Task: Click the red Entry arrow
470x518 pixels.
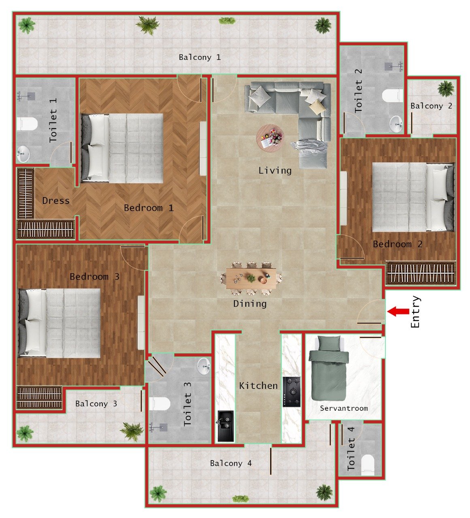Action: pos(398,311)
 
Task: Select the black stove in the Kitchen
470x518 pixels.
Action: pos(291,391)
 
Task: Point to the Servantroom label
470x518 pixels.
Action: pos(344,408)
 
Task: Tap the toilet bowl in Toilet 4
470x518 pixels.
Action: pos(368,464)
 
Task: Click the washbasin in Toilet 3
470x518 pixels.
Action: pos(204,366)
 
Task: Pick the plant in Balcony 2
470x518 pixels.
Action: pos(446,88)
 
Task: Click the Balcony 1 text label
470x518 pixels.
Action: pos(200,57)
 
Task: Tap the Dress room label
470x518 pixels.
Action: pos(56,201)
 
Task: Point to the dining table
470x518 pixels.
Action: pos(251,279)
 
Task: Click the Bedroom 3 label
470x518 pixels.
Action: pos(94,277)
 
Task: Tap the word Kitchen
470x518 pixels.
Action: pos(258,386)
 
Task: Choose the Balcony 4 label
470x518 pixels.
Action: pos(231,463)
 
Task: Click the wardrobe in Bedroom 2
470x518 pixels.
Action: pos(421,273)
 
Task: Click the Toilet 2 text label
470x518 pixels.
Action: pos(358,91)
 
